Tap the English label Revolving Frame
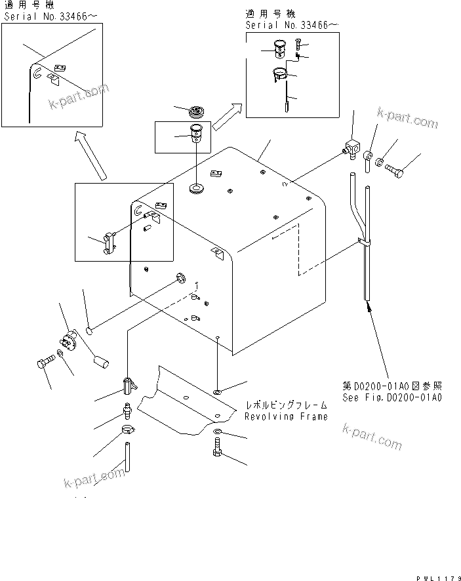tap(286, 416)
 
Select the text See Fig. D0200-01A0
tap(391, 397)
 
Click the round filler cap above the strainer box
tap(196, 111)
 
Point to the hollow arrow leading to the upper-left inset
tap(89, 155)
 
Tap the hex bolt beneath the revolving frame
tap(218, 452)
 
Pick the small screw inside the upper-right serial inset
tap(299, 45)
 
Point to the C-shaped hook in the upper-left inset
tap(38, 73)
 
